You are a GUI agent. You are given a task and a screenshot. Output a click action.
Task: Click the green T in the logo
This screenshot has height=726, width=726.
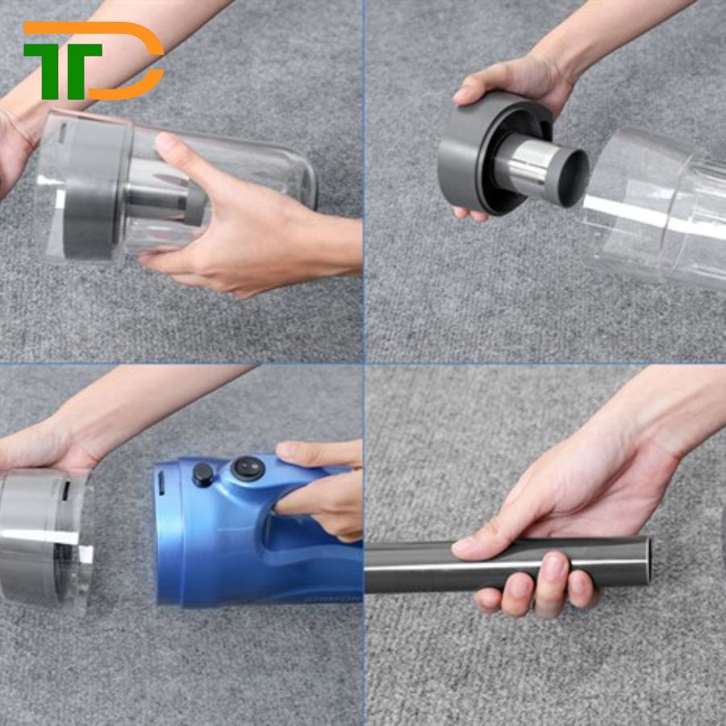[62, 69]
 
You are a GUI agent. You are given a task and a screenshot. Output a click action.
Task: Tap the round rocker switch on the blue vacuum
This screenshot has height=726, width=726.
[248, 469]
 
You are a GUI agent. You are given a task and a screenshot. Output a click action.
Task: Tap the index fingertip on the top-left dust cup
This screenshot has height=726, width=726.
[163, 141]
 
